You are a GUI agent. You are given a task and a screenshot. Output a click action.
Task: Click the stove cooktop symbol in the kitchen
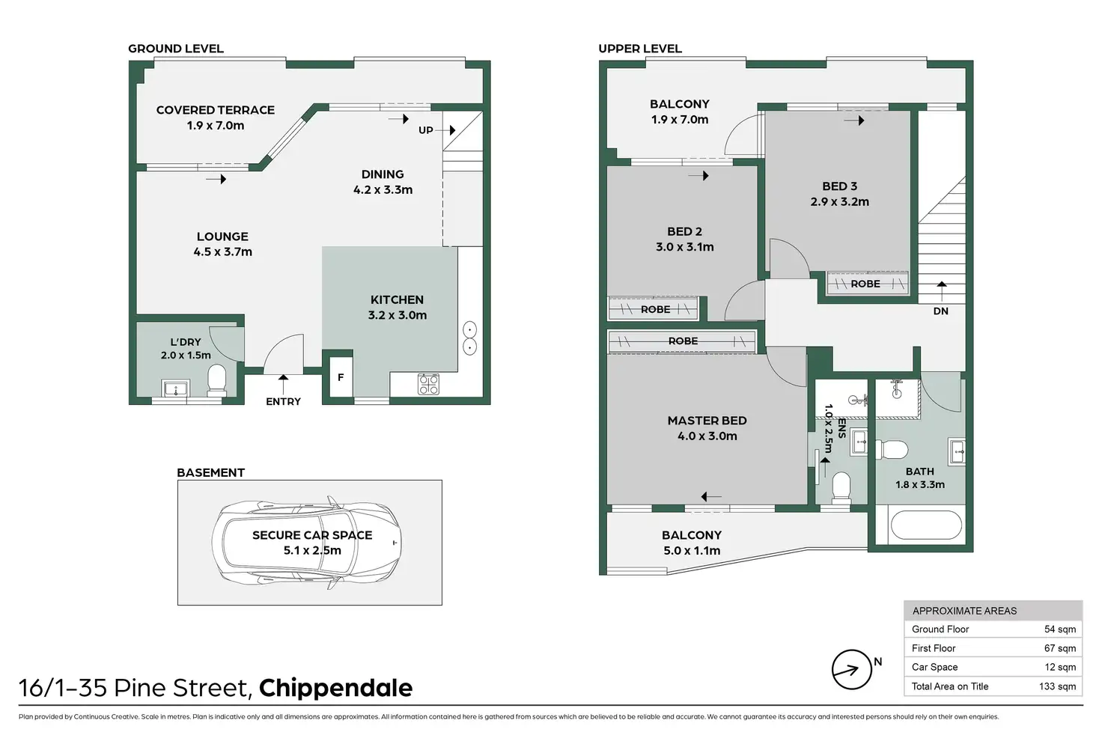[x=428, y=384]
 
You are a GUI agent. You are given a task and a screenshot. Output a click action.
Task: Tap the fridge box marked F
[x=341, y=377]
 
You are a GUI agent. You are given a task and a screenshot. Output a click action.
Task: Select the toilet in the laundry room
[x=216, y=379]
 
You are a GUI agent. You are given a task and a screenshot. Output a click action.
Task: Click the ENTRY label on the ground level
[x=284, y=401]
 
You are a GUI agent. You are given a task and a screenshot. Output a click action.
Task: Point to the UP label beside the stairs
[x=425, y=130]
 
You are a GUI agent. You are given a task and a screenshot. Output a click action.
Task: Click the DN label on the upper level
[x=940, y=311]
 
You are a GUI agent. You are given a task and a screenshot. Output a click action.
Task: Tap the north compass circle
[x=852, y=669]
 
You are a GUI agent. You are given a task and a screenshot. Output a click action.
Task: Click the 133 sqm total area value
[x=1057, y=686]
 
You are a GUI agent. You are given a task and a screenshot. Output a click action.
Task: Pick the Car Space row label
[x=935, y=667]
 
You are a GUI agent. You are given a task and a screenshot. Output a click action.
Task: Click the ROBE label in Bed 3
[x=865, y=284]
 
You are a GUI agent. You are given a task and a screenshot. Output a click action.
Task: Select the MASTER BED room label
[x=707, y=421]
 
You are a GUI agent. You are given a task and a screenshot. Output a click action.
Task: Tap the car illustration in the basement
[x=306, y=543]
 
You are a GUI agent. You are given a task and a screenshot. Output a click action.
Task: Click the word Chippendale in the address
[x=335, y=689]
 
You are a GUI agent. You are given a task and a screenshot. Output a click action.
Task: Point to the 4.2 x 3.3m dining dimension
[x=383, y=190]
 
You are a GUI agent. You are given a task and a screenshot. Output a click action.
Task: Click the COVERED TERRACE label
[x=216, y=110]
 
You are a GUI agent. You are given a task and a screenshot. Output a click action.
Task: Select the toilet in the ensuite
[x=841, y=487]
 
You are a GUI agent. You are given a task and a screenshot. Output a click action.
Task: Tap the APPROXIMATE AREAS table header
[x=964, y=611]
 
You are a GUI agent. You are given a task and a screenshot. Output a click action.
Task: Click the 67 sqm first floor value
[x=1060, y=648]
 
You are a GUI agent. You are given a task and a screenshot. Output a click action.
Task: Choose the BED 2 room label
[x=684, y=231]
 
